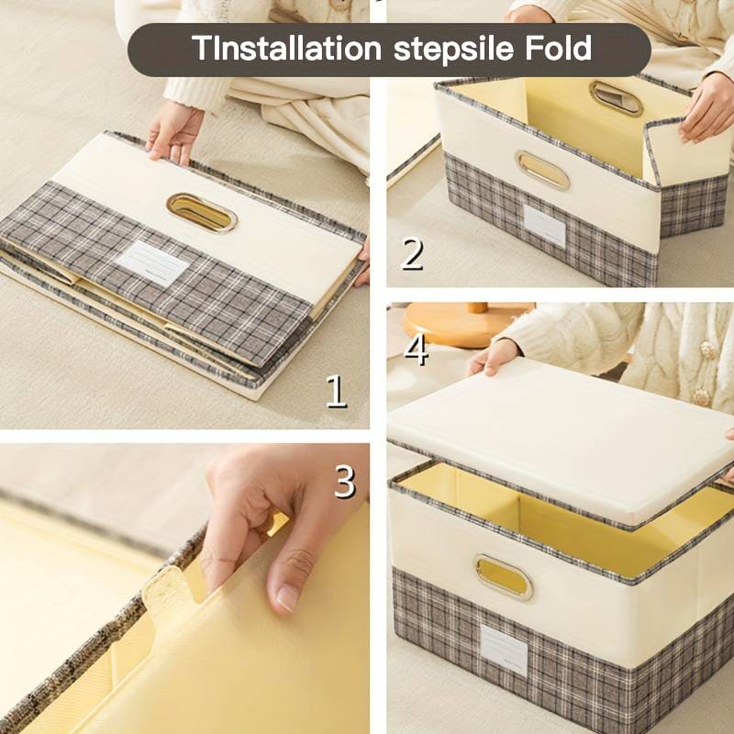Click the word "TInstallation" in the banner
tap(286, 49)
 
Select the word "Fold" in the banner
tap(558, 48)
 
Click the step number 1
tap(337, 392)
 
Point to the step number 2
tap(412, 254)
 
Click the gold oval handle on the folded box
tap(202, 213)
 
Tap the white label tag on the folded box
tap(152, 263)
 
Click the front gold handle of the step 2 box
tap(542, 170)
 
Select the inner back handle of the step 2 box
tap(616, 97)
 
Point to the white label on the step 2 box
tap(544, 226)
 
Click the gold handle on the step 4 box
tap(504, 577)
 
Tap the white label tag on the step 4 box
tap(504, 650)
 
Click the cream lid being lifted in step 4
tap(562, 440)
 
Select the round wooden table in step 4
tap(467, 323)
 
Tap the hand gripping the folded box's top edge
tap(174, 133)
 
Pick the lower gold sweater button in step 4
tap(701, 397)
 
